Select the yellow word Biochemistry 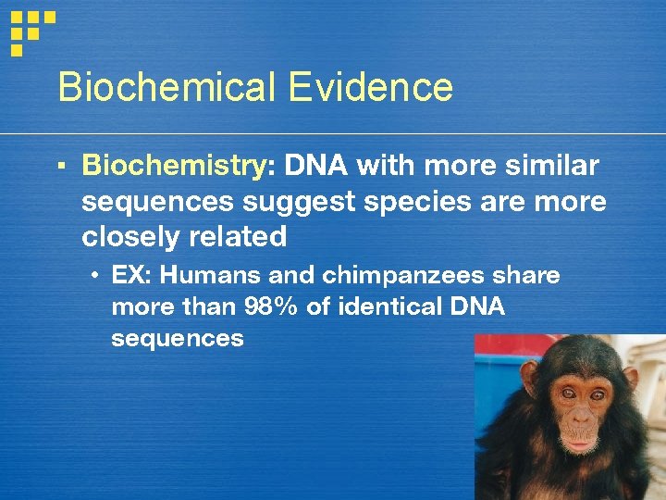click(173, 167)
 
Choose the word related click(237, 237)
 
